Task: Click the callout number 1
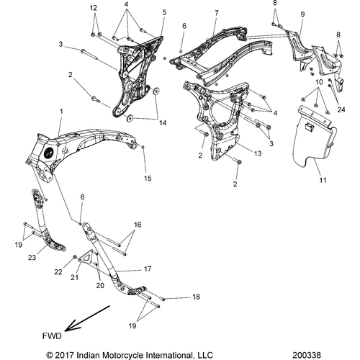tap(61, 112)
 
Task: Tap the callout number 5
tap(164, 12)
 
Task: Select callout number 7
tap(217, 13)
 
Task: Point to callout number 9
tap(302, 14)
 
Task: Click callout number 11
tap(323, 180)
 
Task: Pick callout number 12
tap(94, 8)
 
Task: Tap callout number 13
tap(258, 153)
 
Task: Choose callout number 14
tap(163, 123)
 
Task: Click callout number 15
tap(148, 179)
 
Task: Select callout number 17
tap(148, 269)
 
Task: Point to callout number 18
tap(196, 297)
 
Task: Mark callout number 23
tap(32, 258)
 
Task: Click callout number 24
tap(341, 109)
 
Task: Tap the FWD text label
tap(52, 336)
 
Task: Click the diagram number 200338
tap(307, 355)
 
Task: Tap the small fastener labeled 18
tap(162, 300)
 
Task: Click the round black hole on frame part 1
tap(50, 153)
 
